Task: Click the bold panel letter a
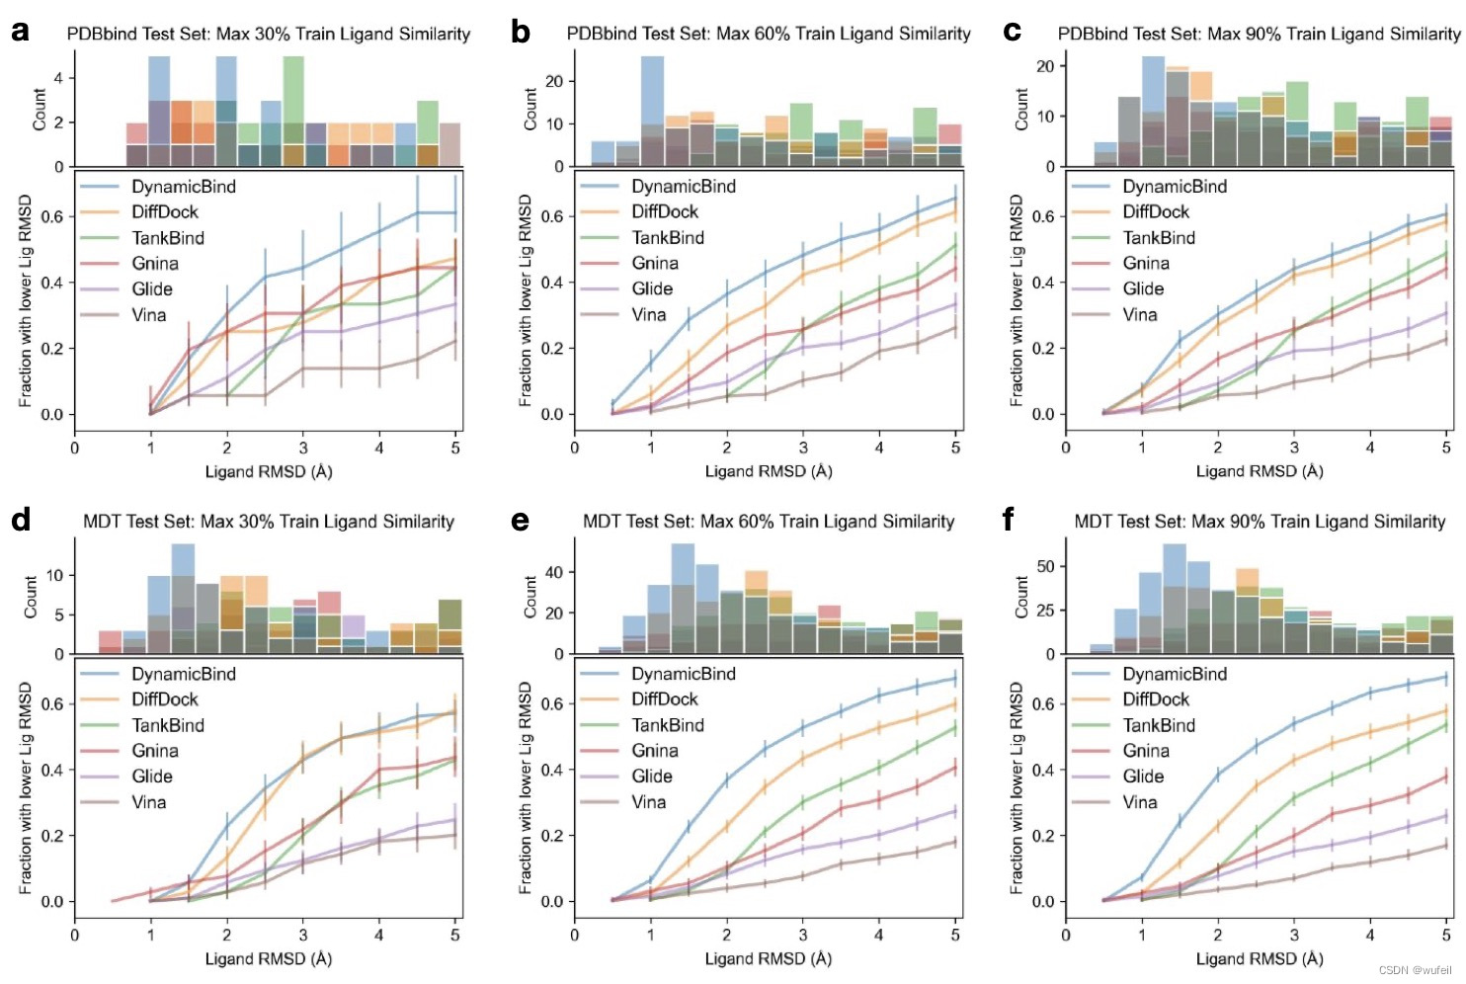tap(20, 32)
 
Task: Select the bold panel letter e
tap(520, 520)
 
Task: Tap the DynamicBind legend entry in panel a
tap(183, 187)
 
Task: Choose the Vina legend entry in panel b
tap(648, 315)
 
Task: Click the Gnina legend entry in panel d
tap(155, 751)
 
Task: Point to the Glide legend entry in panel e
tap(651, 777)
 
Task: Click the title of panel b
tap(769, 34)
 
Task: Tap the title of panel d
tap(269, 522)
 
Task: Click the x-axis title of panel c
tap(1260, 471)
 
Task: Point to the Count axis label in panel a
tap(40, 109)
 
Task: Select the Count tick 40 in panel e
tap(554, 572)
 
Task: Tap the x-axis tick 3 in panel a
tap(303, 448)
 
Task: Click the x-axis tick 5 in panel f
tap(1446, 935)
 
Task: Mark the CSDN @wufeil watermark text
tap(1415, 970)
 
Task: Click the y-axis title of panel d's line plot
tap(26, 787)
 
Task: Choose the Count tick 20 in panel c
tap(1046, 66)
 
